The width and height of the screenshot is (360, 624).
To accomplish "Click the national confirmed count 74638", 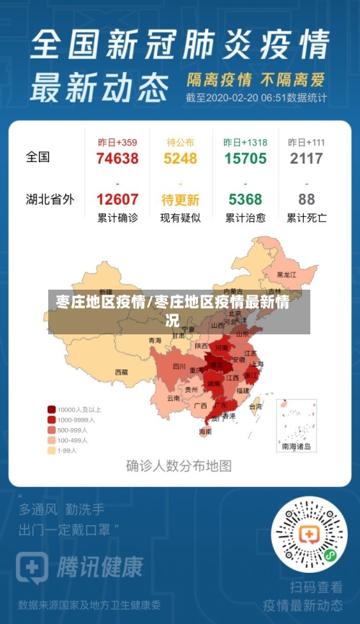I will coord(117,159).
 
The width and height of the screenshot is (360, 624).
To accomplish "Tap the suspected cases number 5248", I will coord(179,159).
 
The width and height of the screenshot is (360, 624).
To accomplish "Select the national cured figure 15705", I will coord(245,159).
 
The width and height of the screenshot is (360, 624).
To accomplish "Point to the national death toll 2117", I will coord(307,159).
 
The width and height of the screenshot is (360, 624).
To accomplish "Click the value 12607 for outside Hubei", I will coord(117,200).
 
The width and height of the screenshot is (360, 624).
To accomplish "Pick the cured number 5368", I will coord(245,200).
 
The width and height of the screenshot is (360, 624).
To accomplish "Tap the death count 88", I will coord(307,200).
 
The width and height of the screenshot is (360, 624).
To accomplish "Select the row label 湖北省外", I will coord(50,200).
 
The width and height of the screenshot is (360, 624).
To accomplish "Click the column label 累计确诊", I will coord(117,218).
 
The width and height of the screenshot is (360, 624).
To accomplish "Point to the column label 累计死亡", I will coord(307,218).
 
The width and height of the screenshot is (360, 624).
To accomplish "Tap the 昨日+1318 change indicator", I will coord(245,142).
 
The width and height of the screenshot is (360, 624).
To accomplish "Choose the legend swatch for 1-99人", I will coord(52,450).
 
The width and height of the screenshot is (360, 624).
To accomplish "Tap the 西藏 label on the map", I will coord(121,373).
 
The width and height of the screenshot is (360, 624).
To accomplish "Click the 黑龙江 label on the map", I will coord(287,275).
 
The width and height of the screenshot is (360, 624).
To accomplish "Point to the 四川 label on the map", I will coord(179,366).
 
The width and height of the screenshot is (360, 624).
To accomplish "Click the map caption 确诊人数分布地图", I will coord(179,465).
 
